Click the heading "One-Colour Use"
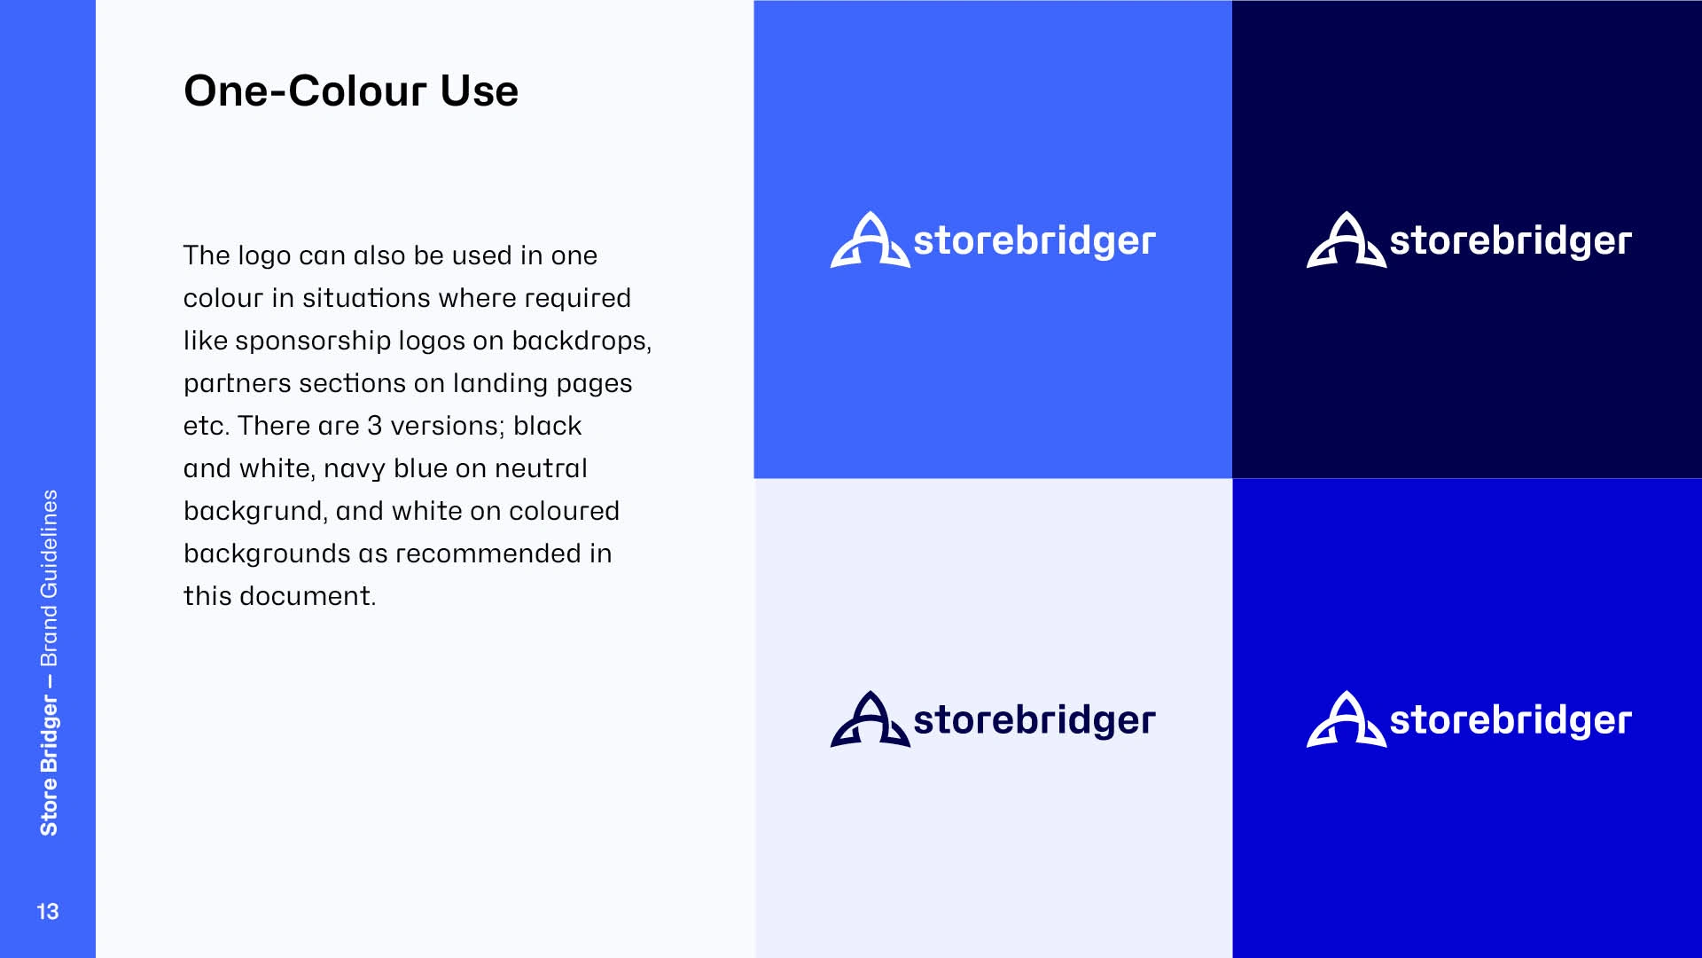click(351, 90)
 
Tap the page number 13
click(48, 911)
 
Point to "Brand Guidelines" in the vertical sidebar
click(49, 577)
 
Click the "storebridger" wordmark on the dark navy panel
click(1511, 241)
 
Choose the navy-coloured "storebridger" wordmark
click(1034, 720)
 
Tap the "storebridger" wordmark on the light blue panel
click(1034, 241)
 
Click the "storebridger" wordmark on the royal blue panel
click(1511, 720)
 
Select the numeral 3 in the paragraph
click(375, 426)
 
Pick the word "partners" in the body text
click(237, 384)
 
